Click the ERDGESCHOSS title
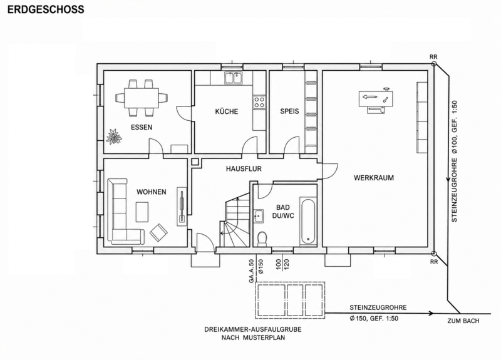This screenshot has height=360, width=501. (46, 9)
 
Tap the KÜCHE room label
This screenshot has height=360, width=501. (227, 111)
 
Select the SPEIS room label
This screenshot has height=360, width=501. (289, 111)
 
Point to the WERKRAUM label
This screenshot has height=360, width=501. (373, 178)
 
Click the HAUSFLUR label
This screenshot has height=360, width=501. (244, 168)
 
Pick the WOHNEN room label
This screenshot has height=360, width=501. (152, 192)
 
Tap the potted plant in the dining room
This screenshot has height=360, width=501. (114, 136)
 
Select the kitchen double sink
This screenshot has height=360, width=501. (233, 77)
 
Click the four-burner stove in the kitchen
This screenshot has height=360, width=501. (259, 102)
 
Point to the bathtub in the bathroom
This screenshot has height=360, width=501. (308, 221)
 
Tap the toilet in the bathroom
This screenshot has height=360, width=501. (262, 239)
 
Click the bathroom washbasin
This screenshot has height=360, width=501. (258, 216)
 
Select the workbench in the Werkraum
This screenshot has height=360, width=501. (376, 100)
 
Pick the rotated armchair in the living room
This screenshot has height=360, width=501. (159, 232)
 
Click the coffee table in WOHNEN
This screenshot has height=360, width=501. (142, 212)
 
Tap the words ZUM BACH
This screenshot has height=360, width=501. (463, 321)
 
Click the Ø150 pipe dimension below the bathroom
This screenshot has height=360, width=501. (261, 267)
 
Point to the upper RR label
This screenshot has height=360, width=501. (433, 57)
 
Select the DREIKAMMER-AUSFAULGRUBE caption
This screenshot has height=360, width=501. (253, 329)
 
